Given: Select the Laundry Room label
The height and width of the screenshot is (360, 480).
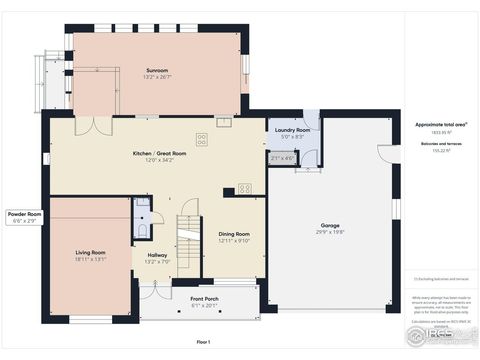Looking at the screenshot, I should [289, 130].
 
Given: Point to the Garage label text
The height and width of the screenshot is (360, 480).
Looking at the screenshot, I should [332, 225].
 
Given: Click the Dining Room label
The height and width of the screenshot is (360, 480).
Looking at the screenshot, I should [232, 234].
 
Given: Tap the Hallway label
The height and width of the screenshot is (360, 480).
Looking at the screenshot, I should [158, 255].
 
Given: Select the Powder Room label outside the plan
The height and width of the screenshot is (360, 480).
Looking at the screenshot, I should [24, 214].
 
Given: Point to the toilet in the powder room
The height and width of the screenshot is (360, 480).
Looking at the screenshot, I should [144, 230].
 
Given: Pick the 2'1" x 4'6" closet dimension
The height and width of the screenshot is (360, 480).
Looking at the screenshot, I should [283, 157].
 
